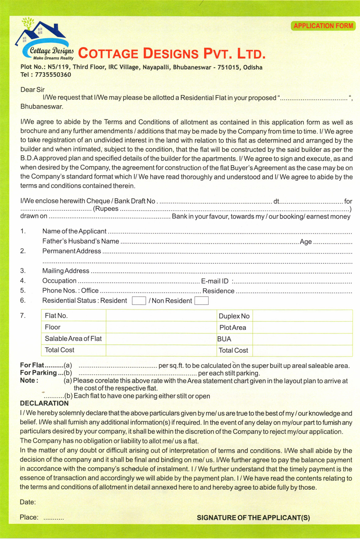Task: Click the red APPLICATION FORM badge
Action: click(x=323, y=26)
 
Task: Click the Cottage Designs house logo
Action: click(x=44, y=39)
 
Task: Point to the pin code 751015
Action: click(x=228, y=67)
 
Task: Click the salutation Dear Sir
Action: click(x=32, y=90)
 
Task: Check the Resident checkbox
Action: click(x=139, y=301)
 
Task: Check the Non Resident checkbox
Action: click(x=201, y=301)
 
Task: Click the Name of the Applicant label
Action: click(x=74, y=231)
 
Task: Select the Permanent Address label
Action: click(x=71, y=251)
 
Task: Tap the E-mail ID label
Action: click(x=215, y=281)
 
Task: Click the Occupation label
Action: click(x=59, y=281)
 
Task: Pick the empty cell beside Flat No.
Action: click(x=161, y=316)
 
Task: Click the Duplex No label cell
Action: click(x=234, y=316)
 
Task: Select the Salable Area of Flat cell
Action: click(x=73, y=339)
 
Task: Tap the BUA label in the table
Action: click(x=224, y=339)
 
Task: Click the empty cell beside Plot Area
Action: click(x=302, y=327)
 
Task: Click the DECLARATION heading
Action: click(x=44, y=403)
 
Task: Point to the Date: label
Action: click(x=28, y=502)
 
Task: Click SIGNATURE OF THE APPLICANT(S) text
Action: click(x=253, y=518)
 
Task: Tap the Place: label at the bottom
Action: click(x=29, y=517)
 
